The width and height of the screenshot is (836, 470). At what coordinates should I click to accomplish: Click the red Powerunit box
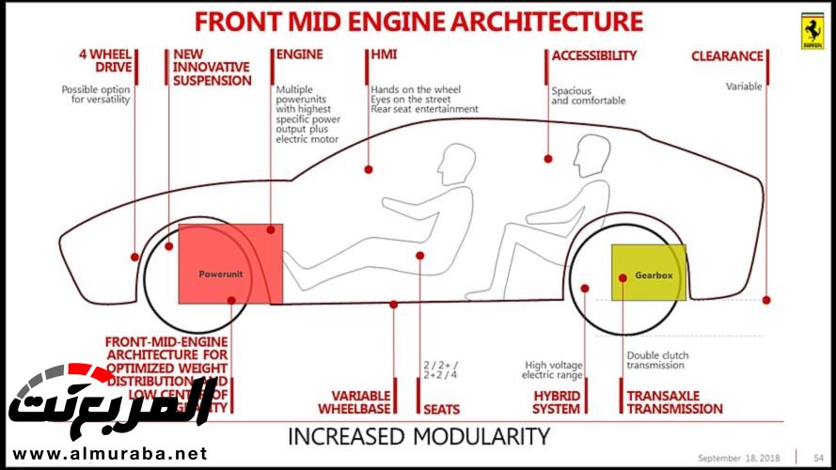pos(229,264)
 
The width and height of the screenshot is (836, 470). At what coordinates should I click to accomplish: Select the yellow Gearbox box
pos(649,272)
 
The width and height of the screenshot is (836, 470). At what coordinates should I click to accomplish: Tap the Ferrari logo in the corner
pos(812,33)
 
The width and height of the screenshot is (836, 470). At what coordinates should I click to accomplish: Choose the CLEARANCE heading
pos(727,56)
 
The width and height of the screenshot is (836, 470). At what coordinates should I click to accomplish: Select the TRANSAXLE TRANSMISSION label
pos(674,402)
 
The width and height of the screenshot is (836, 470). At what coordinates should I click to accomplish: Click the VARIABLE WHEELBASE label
pos(361,402)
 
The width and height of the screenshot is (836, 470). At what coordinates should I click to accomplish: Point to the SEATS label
pos(441,409)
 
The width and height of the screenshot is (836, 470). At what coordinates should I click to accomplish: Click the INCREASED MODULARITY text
pos(418,436)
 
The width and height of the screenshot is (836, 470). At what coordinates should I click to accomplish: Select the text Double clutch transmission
pos(657,361)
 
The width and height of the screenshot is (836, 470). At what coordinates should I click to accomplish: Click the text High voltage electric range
pos(556,369)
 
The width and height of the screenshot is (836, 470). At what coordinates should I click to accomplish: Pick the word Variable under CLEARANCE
pos(744,86)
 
